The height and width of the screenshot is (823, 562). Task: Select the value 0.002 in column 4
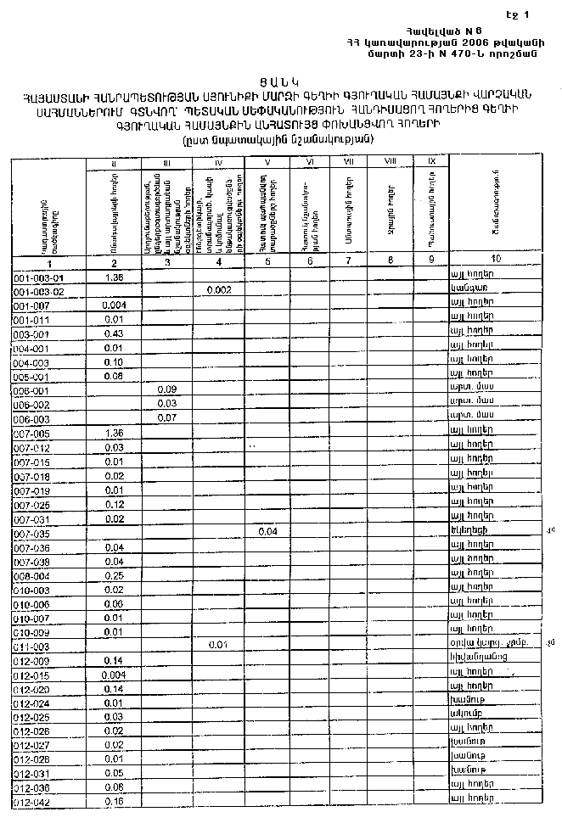219,290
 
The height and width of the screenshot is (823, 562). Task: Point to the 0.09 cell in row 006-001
166,389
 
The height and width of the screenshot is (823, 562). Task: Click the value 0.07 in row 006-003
166,418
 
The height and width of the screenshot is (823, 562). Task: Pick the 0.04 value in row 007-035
267,532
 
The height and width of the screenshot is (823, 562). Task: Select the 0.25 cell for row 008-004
113,575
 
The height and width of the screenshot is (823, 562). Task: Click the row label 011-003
33,647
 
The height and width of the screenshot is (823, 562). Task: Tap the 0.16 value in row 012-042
113,801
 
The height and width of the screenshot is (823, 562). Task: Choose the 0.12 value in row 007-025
113,504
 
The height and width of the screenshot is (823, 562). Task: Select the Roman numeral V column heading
267,160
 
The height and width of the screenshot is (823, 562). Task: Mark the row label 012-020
33,689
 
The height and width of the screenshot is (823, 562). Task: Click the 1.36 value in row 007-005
113,433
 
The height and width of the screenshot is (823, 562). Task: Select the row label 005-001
33,376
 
